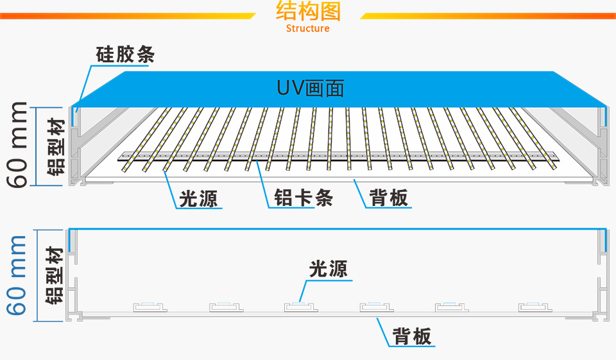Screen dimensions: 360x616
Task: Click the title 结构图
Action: click(x=308, y=12)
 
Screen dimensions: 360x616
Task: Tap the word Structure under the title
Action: click(x=308, y=28)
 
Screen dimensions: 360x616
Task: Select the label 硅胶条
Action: click(x=125, y=55)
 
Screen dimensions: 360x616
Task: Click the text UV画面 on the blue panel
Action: click(x=311, y=88)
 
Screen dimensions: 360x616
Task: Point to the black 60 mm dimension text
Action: click(x=19, y=144)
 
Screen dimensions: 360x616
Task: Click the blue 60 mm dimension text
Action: click(x=19, y=276)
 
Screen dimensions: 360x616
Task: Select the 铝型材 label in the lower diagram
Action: click(x=56, y=276)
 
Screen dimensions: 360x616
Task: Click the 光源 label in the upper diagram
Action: click(x=198, y=198)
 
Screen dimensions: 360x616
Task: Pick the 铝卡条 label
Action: click(x=304, y=198)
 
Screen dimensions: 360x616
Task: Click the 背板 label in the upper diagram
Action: click(x=389, y=198)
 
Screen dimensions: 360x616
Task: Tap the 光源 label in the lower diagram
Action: click(x=329, y=268)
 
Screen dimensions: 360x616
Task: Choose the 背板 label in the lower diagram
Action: click(x=412, y=336)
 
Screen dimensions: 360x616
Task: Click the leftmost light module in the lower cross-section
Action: click(x=149, y=306)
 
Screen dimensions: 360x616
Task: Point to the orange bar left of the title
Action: click(x=128, y=15)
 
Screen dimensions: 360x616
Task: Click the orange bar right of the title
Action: click(x=488, y=15)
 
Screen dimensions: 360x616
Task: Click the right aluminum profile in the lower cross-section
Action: click(x=603, y=276)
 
